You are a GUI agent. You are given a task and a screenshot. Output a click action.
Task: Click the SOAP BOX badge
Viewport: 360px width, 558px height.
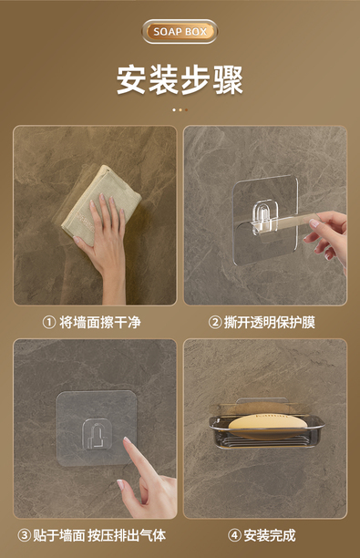[180, 32]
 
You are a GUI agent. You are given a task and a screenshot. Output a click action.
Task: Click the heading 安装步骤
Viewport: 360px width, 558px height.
[180, 79]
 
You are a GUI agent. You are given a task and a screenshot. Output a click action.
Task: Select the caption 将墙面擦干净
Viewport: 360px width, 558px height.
[100, 323]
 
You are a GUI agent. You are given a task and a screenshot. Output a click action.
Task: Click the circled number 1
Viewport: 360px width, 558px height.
[49, 323]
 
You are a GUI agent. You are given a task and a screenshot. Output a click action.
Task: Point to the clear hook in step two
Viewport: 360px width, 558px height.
[262, 218]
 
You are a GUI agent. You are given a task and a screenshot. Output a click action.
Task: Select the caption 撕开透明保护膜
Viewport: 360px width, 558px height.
[269, 323]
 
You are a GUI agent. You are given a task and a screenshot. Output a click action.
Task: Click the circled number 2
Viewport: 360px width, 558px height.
[215, 323]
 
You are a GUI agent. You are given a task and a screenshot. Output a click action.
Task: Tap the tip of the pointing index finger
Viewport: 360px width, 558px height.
[126, 440]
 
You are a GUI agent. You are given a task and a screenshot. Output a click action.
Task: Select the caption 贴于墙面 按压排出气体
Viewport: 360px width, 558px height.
[99, 535]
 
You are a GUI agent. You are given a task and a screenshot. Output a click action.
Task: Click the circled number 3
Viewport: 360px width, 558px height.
[25, 535]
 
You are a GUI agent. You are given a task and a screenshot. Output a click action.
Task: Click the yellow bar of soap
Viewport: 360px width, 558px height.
[267, 423]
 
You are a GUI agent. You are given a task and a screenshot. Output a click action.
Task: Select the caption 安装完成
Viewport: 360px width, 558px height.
[270, 535]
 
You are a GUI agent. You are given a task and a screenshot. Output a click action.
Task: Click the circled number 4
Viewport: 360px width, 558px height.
[234, 535]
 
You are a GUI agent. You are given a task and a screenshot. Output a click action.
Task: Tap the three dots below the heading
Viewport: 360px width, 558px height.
[180, 110]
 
